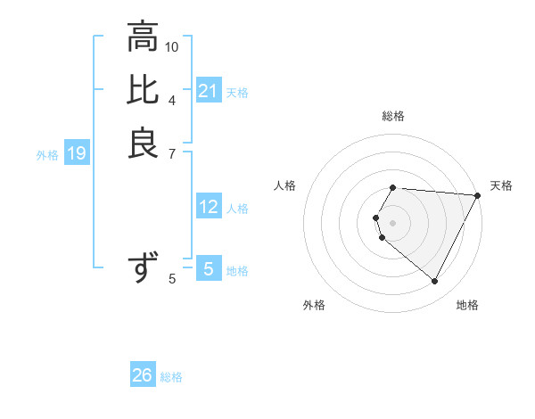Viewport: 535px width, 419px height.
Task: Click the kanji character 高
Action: point(143,37)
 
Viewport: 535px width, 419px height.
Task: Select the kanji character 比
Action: point(143,91)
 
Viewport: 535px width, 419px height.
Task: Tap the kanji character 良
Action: point(143,144)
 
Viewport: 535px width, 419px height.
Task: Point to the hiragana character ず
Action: point(143,267)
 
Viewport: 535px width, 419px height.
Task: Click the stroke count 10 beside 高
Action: point(172,46)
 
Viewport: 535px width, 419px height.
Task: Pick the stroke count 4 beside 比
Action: point(172,100)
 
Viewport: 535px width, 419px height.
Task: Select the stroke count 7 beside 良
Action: point(172,152)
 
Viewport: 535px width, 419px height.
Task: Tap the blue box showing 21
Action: point(208,91)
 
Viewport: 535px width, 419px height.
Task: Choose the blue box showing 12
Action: point(208,208)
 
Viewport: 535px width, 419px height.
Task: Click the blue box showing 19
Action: point(77,154)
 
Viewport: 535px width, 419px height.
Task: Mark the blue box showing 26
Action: point(143,375)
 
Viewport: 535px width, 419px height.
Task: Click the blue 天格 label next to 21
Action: point(237,92)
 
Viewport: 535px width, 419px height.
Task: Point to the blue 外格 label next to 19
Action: point(47,155)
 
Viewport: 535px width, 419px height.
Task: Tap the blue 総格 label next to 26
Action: point(171,377)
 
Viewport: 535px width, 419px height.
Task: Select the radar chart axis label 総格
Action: point(393,116)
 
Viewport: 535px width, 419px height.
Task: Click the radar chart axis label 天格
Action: point(501,185)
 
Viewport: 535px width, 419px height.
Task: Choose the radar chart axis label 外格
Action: point(314,305)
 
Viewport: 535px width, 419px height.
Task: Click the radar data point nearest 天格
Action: point(478,195)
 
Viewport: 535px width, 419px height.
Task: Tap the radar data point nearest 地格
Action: point(435,282)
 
